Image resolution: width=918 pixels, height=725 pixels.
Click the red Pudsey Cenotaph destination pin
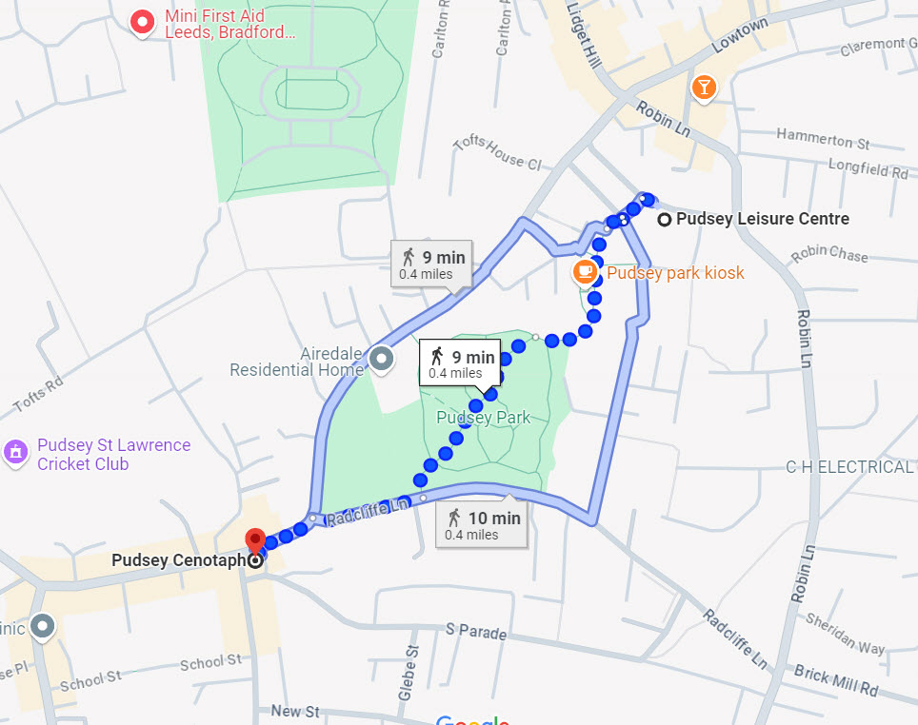[x=255, y=539]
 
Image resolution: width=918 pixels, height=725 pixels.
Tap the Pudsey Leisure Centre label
[x=762, y=219]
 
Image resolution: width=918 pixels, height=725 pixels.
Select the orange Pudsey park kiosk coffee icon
[x=585, y=272]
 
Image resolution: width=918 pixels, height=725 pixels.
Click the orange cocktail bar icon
[x=703, y=88]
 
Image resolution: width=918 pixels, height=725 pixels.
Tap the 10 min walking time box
[x=484, y=525]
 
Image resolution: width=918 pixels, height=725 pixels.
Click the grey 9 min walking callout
[x=432, y=264]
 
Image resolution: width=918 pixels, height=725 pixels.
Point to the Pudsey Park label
[x=483, y=418]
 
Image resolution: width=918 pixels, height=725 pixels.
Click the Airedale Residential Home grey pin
[x=382, y=359]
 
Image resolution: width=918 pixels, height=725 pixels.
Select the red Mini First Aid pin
[x=143, y=21]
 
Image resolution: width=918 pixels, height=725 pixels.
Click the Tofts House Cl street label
[x=498, y=150]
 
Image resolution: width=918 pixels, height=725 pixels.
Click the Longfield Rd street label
[x=868, y=171]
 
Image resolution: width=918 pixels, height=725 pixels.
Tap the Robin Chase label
[x=829, y=254]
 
